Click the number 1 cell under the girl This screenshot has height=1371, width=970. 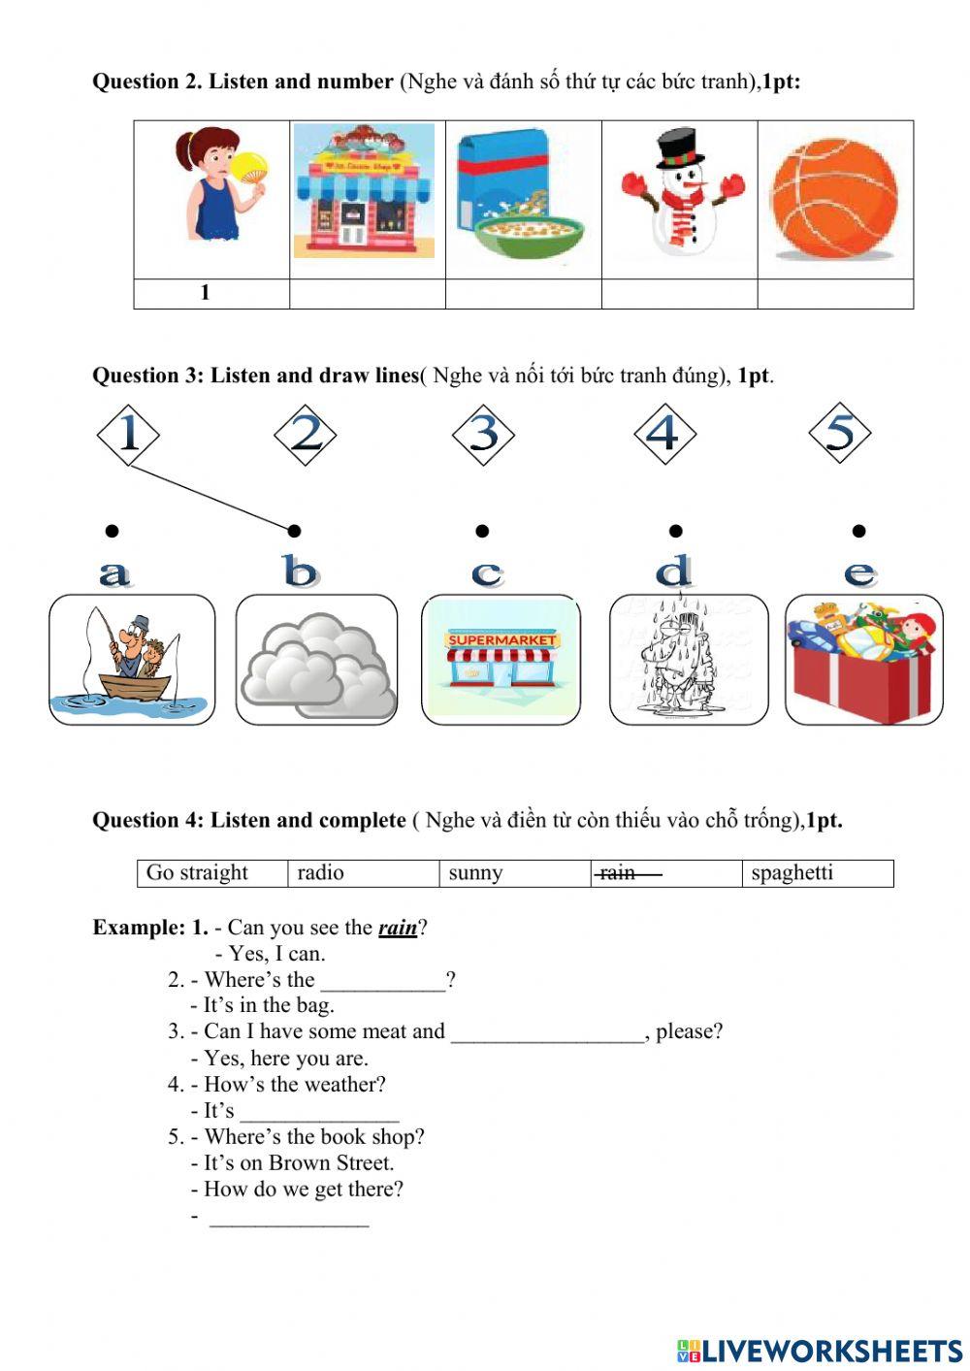coord(206,293)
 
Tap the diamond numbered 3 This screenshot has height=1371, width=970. coord(483,434)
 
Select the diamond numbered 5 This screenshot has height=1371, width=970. coord(839,433)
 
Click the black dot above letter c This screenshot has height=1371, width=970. coord(482,531)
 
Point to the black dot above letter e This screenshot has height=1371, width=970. coord(858,531)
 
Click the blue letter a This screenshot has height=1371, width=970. coord(114,573)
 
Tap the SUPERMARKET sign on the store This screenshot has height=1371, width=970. coord(501,640)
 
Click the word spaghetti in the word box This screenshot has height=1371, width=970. coord(792,873)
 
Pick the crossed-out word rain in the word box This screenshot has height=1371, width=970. coord(618,873)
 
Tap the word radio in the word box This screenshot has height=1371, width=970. coord(320,873)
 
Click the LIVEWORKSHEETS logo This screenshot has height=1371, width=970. coord(820,1350)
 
